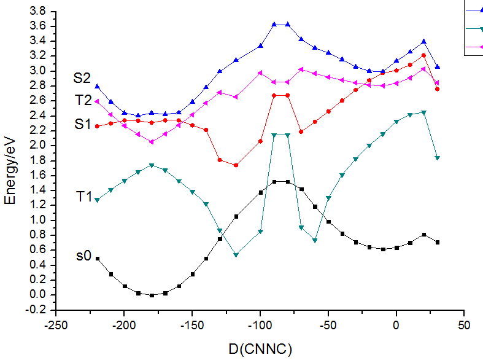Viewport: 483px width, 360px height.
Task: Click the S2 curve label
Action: [82, 78]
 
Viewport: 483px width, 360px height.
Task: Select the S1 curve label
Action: [82, 123]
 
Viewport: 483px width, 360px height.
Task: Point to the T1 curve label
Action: [84, 197]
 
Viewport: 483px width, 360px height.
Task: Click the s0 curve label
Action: [83, 256]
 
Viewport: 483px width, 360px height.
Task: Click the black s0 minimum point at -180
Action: [152, 295]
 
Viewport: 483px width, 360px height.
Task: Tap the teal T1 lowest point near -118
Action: [236, 254]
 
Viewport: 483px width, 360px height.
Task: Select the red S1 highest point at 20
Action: [423, 55]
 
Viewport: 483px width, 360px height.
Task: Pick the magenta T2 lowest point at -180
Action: [152, 142]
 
